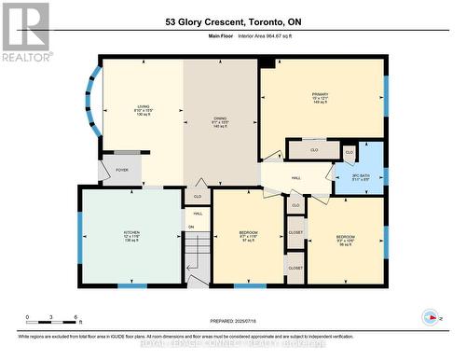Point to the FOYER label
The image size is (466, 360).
pos(122,171)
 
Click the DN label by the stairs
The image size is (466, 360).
pos(191,227)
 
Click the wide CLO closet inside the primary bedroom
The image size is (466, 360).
pos(313,149)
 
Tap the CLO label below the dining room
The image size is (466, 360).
pos(198,197)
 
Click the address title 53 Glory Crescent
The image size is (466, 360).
pos(233,21)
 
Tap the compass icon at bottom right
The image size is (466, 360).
pos(430,315)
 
